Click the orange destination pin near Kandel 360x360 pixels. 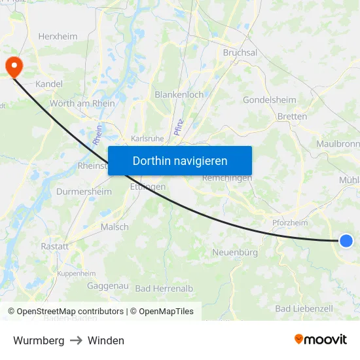tap(13, 66)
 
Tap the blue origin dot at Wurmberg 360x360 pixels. tap(346, 241)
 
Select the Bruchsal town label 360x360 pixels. tap(240, 52)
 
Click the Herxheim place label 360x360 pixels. tap(58, 37)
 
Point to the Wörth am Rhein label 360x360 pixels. tap(82, 103)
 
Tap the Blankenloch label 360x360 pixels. tap(179, 94)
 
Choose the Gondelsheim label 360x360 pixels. tap(269, 100)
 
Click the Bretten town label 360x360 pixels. tap(292, 117)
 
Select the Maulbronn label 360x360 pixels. tap(337, 143)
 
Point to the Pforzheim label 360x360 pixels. tap(290, 223)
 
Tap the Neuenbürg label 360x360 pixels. tap(235, 252)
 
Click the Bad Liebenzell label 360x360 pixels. tap(304, 308)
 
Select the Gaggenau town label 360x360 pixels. tap(107, 286)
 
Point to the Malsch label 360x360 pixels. tap(114, 227)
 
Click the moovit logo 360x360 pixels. tap(320, 340)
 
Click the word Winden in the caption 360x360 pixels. tap(105, 340)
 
